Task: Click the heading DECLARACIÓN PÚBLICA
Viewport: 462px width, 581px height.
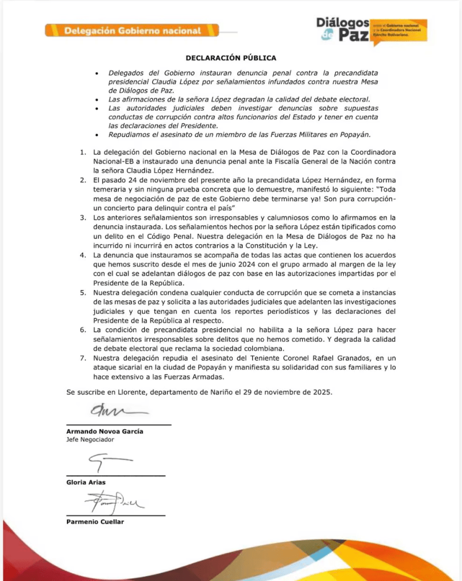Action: [231, 58]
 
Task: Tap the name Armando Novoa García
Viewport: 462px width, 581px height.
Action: [105, 431]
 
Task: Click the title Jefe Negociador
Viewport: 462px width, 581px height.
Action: [90, 440]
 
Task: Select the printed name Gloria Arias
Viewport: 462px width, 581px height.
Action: [86, 482]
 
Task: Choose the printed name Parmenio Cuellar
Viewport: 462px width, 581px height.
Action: [95, 521]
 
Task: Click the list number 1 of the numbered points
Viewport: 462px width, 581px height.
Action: [82, 153]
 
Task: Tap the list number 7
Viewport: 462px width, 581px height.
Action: [82, 358]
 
